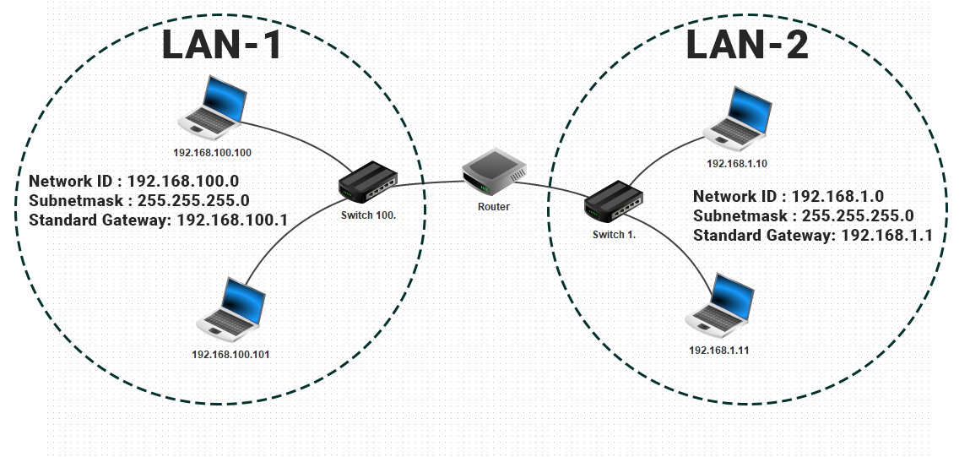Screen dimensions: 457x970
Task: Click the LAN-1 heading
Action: [x=221, y=46]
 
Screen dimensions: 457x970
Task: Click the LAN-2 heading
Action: [x=746, y=45]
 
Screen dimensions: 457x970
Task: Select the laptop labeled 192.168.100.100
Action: [x=214, y=107]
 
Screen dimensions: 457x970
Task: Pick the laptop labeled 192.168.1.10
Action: [x=737, y=117]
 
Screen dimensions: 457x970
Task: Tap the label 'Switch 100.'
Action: [x=368, y=216]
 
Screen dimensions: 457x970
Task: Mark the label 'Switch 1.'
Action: [x=614, y=234]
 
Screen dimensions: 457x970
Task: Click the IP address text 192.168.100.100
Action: [x=213, y=154]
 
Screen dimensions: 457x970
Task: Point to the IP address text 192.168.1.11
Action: [x=718, y=350]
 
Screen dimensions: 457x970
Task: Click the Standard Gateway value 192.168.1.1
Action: [x=886, y=236]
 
